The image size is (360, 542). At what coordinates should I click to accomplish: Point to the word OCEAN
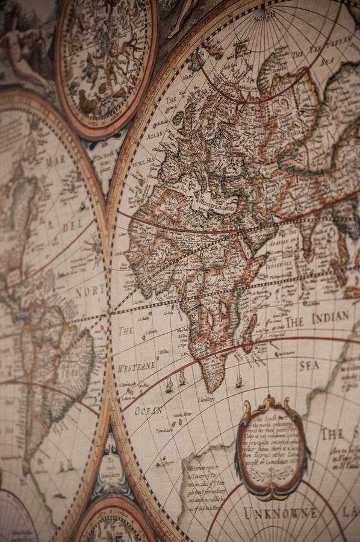coord(148,411)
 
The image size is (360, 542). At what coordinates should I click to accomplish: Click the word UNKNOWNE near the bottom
coord(281,513)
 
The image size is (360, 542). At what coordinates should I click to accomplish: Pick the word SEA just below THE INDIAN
coord(309,366)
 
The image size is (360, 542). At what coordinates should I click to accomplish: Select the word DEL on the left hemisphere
coord(72,227)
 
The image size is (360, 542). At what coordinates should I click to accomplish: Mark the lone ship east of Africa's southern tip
coord(239,381)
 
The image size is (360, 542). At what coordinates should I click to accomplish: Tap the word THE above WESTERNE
coord(125,331)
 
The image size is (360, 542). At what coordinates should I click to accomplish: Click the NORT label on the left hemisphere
coord(89,293)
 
